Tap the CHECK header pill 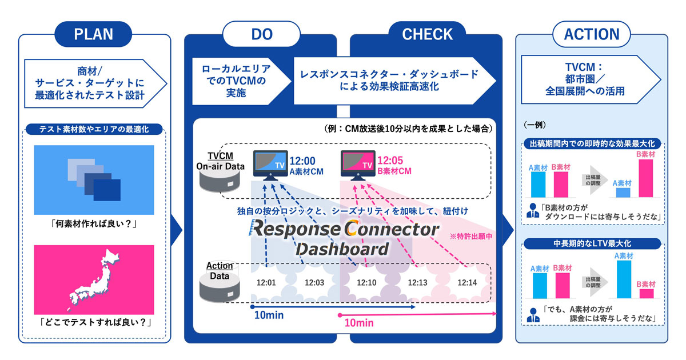coord(427,34)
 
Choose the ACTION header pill coord(592,34)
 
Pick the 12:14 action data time coord(467,282)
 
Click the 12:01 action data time coord(266,282)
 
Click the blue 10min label coord(269,315)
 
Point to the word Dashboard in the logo coord(342,249)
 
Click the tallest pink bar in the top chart coord(645,178)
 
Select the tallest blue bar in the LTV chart coord(624,279)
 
